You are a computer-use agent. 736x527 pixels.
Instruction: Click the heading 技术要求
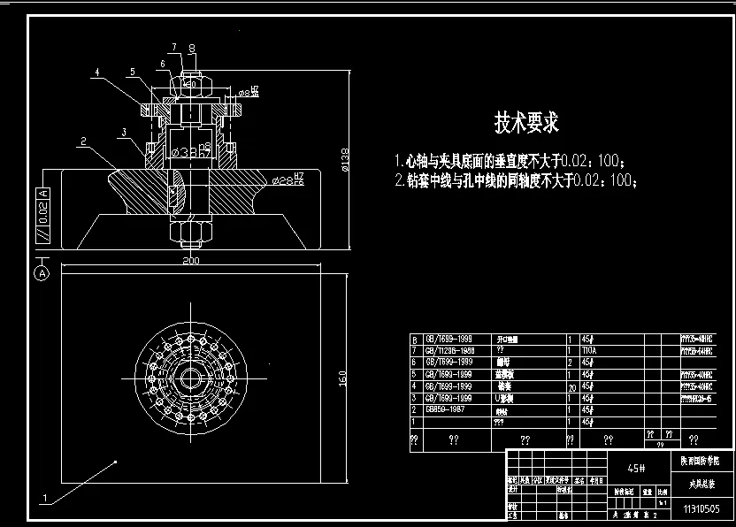[526, 123]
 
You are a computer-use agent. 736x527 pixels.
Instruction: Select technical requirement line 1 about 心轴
[512, 163]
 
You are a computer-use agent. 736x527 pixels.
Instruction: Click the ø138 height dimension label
[345, 159]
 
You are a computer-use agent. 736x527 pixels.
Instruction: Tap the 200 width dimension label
[190, 261]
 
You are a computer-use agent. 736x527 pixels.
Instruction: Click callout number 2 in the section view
[81, 141]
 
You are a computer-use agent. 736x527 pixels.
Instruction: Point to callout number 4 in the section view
[98, 72]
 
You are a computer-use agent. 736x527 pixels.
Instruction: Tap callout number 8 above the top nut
[192, 49]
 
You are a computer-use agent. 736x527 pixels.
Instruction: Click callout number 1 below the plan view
[43, 499]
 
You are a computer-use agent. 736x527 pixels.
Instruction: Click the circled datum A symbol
[42, 274]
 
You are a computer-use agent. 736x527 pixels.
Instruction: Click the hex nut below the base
[189, 233]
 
